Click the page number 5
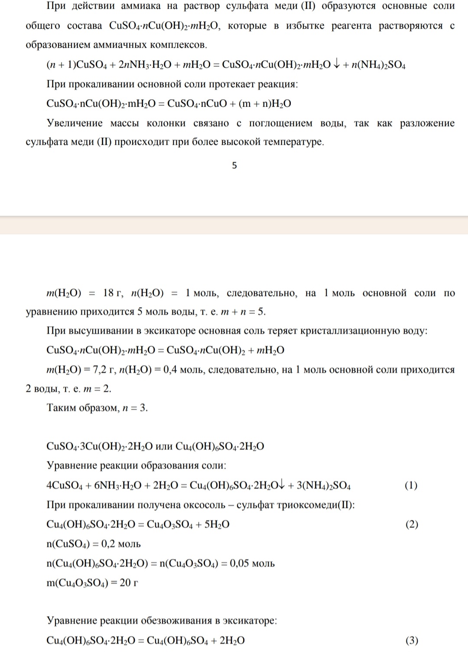click(234, 165)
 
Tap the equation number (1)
click(411, 485)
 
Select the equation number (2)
click(412, 524)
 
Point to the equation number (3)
click(412, 640)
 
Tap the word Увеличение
click(75, 123)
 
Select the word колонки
click(166, 123)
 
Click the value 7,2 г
click(105, 370)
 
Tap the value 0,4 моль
click(179, 370)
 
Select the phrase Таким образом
click(82, 408)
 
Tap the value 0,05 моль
click(252, 564)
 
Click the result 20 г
click(129, 583)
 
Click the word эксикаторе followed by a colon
click(250, 621)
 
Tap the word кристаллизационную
click(358, 331)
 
